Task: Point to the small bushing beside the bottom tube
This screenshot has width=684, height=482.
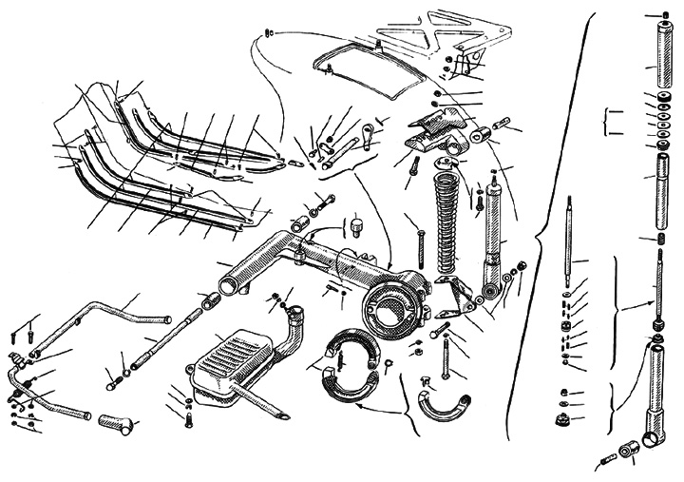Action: pos(627,450)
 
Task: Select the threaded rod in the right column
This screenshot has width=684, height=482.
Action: pos(655,285)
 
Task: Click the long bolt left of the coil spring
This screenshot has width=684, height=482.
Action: pos(419,241)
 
